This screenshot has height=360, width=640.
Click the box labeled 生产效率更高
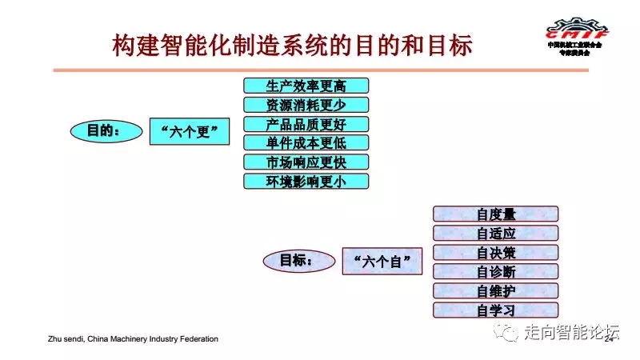[306, 86]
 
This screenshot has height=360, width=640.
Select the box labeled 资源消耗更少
[306, 105]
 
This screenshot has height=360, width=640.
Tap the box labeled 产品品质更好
[306, 124]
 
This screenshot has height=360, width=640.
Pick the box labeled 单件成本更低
[306, 143]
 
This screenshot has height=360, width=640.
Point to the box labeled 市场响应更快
[306, 162]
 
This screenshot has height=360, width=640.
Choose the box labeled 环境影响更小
[306, 181]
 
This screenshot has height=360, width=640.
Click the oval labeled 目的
[103, 131]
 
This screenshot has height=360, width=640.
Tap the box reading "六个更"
[190, 132]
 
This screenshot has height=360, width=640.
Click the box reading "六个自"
[382, 262]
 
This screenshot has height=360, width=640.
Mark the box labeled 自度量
[495, 214]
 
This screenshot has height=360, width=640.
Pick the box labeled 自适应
[495, 233]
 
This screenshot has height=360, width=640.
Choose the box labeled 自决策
[495, 252]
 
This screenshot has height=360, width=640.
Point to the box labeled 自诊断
[495, 271]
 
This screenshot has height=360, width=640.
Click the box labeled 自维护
[495, 290]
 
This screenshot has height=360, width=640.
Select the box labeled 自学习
[495, 310]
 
